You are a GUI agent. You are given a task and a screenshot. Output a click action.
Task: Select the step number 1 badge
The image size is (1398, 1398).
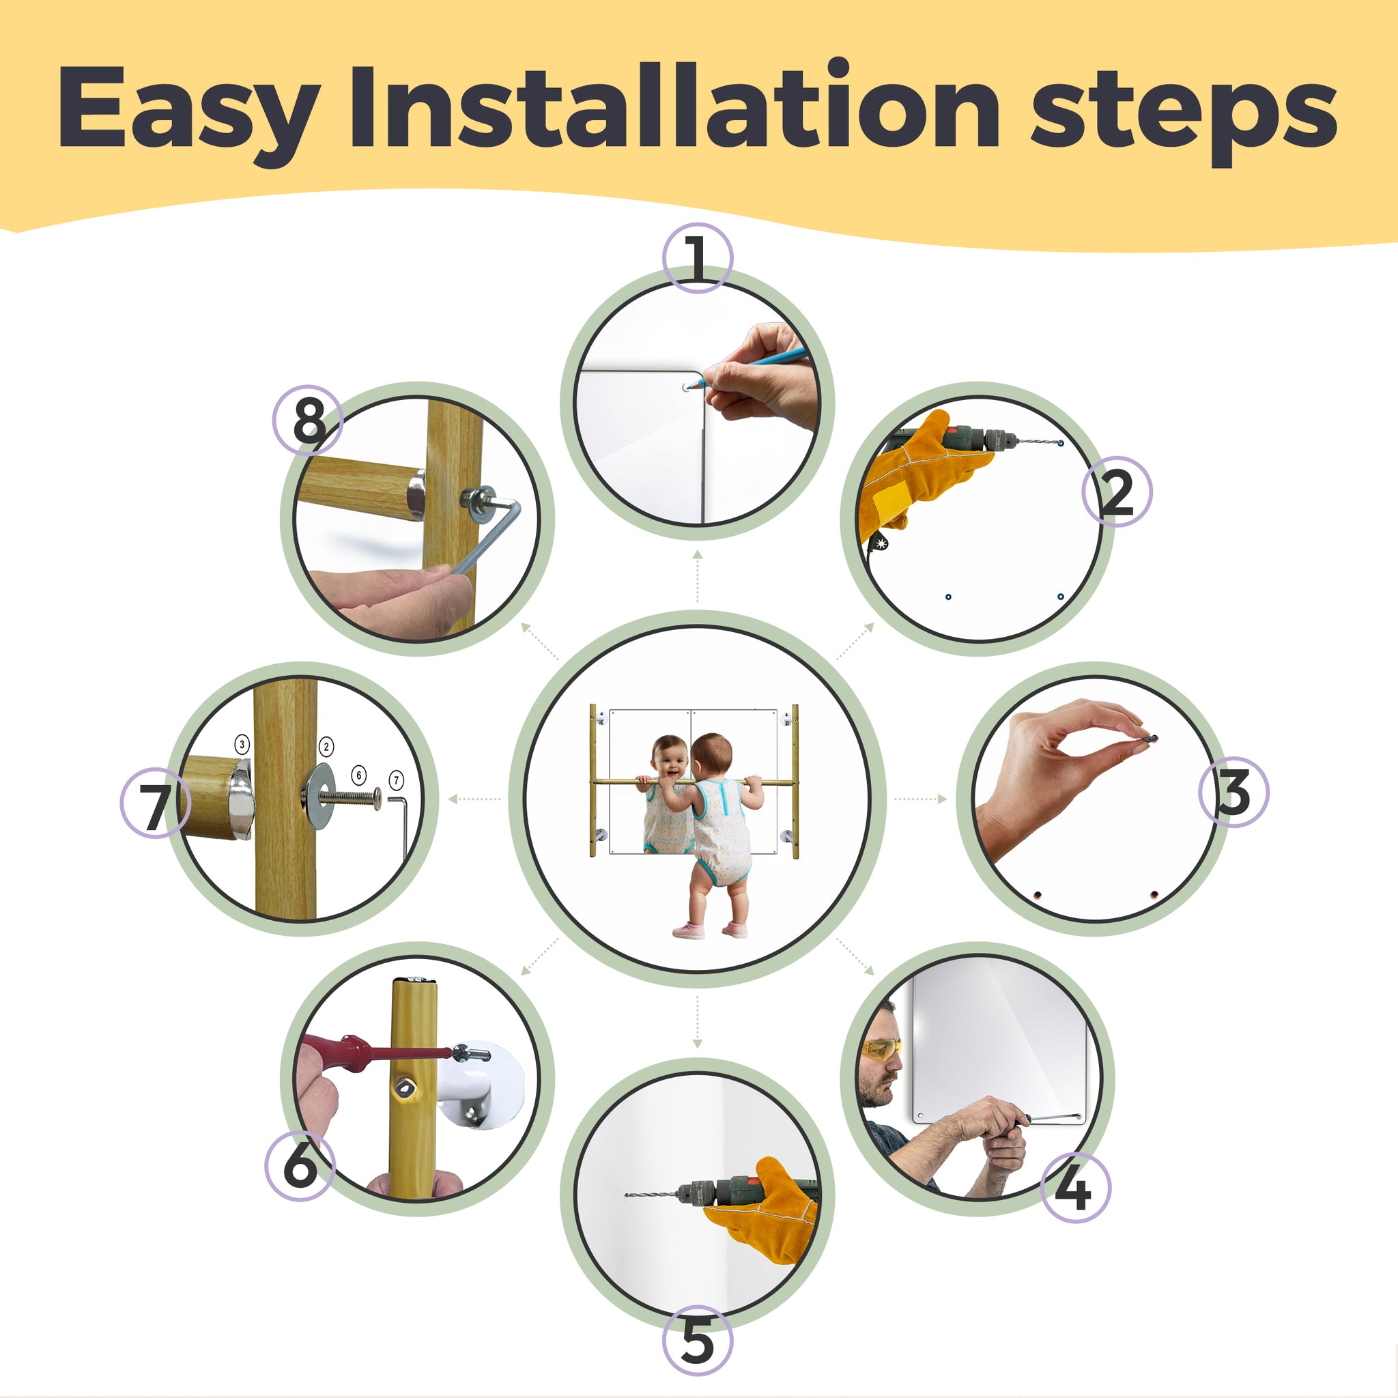[x=698, y=257]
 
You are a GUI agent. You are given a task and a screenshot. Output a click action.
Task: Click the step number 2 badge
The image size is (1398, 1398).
[x=1117, y=491]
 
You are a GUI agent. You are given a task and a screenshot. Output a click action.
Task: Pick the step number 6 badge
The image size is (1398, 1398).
[x=300, y=1166]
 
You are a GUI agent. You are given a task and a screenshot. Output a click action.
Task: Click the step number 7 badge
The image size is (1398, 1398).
[x=155, y=803]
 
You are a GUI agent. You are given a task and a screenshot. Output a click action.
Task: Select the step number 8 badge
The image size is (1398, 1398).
[x=308, y=420]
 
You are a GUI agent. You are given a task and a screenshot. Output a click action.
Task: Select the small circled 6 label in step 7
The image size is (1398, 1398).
[x=359, y=775]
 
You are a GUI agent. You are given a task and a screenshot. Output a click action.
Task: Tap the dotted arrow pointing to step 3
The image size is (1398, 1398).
[x=919, y=799]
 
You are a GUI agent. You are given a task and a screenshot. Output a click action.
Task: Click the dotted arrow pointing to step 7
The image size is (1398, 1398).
[x=474, y=799]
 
